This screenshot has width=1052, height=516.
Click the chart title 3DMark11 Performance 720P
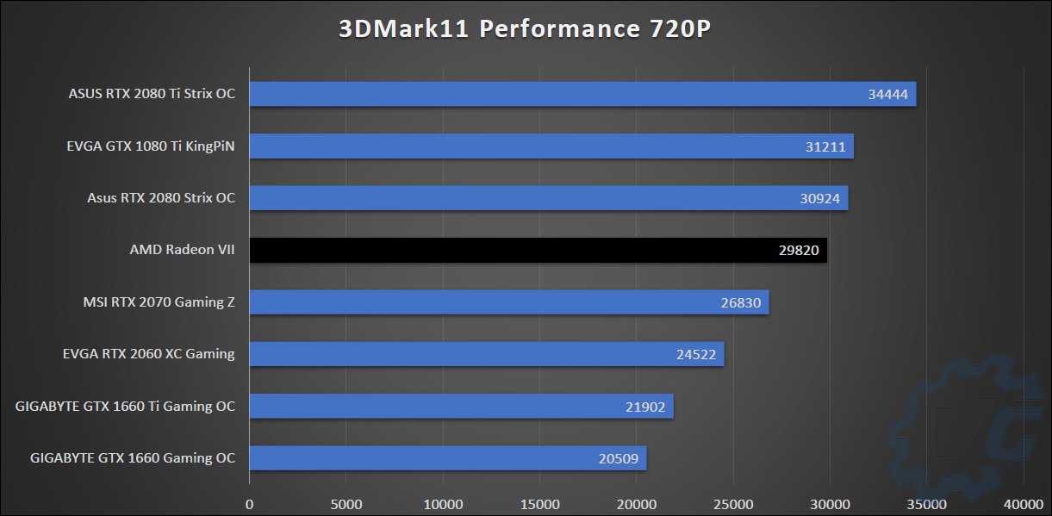(526, 29)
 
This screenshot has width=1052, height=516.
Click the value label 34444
(888, 95)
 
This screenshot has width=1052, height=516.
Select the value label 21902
(645, 407)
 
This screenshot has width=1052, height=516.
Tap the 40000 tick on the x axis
(1023, 502)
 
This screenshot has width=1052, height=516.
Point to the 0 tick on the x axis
(250, 502)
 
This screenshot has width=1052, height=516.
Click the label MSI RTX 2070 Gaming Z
(159, 302)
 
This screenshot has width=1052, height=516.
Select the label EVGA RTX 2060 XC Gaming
(149, 354)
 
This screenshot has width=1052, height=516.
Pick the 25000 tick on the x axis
(733, 502)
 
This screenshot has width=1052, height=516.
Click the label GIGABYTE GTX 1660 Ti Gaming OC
(125, 407)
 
